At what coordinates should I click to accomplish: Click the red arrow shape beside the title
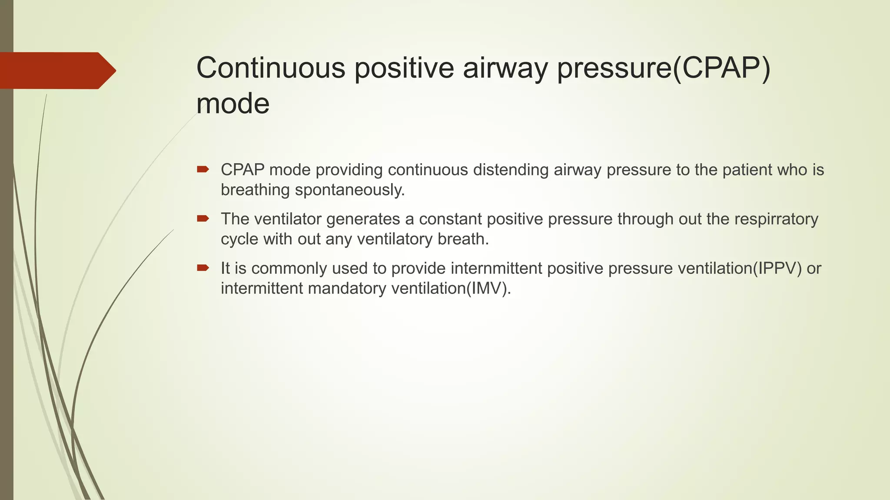click(56, 71)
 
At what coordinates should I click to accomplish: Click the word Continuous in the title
click(271, 68)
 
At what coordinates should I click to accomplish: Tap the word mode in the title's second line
click(233, 104)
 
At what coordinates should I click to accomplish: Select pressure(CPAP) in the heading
click(664, 68)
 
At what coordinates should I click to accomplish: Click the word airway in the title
click(505, 68)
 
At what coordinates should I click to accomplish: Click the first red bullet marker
click(203, 169)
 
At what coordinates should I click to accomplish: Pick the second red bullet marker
click(203, 218)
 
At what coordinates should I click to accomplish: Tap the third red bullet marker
click(203, 268)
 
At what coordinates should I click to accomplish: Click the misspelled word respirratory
click(776, 219)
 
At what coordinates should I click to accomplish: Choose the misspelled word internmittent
click(496, 268)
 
